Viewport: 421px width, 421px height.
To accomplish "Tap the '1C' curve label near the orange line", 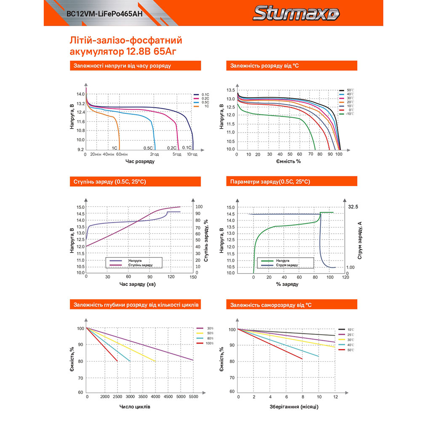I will pos(114,148).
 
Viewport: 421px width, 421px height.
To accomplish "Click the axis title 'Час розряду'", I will pos(137,162).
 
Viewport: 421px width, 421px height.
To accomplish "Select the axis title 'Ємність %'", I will pos(288,162).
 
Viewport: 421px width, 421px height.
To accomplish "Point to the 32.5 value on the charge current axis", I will pos(353,207).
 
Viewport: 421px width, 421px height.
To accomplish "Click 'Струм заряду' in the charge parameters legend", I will pos(288,265).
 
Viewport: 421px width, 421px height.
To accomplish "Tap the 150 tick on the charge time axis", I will pos(193,277).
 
